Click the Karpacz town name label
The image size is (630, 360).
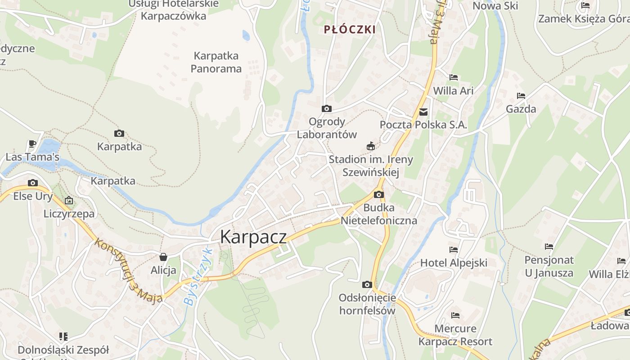[253, 237]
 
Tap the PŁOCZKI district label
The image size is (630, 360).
[350, 30]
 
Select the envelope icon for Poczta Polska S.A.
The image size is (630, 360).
[423, 112]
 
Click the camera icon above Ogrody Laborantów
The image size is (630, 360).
[327, 108]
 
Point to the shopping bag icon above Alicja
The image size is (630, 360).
[163, 257]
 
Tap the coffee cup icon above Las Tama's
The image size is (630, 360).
[32, 144]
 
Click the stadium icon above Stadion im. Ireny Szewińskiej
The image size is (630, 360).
[371, 146]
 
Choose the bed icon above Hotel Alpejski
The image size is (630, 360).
[454, 249]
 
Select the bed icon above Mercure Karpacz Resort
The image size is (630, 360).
[455, 315]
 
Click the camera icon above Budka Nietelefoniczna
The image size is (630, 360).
[379, 194]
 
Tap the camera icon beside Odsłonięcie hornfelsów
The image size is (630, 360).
[367, 284]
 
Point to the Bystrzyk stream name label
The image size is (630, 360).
[197, 277]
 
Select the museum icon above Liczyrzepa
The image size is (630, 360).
[69, 200]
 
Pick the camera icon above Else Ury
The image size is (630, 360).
[33, 183]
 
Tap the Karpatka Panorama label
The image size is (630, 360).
[216, 62]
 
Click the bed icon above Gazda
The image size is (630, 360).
[521, 96]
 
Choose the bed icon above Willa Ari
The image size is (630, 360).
[454, 77]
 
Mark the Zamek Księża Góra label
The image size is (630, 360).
[583, 19]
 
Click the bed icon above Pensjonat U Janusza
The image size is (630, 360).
[549, 247]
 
